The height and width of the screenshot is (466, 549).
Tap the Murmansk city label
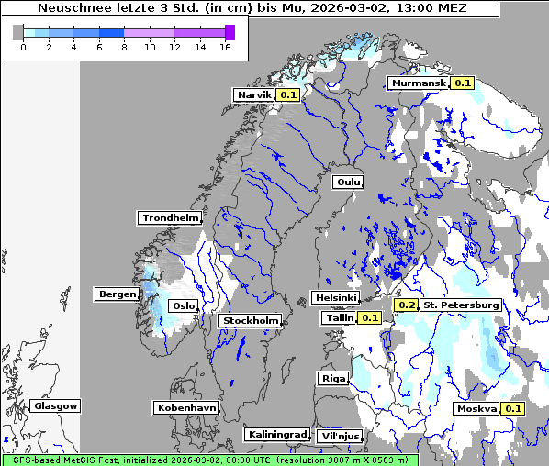tap(419, 83)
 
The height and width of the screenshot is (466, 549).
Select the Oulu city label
tap(348, 183)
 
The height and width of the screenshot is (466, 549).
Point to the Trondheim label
tap(170, 218)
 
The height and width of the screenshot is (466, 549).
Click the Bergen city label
tap(116, 294)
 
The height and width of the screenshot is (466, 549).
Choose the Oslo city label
tap(185, 306)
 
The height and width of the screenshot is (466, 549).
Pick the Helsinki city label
tap(335, 298)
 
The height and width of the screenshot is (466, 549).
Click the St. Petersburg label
tap(461, 305)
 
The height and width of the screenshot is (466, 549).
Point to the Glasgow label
tap(56, 406)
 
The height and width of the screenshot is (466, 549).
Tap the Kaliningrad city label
tap(276, 434)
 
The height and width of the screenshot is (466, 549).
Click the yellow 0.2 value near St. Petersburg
tap(407, 305)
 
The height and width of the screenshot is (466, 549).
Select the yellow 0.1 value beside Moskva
tap(513, 409)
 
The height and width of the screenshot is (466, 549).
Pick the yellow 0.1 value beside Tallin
tap(369, 318)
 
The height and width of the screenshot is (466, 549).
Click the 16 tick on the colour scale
tap(225, 47)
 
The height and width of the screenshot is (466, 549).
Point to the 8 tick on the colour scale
tap(124, 47)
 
